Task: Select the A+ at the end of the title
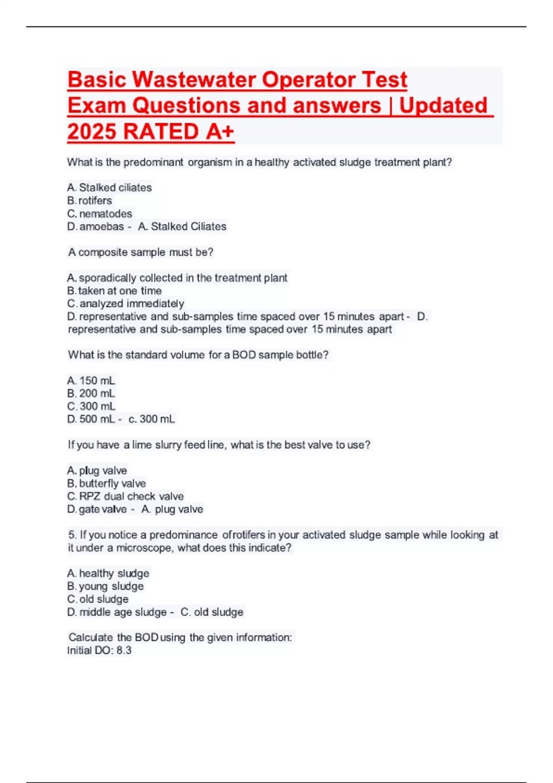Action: pyautogui.click(x=220, y=132)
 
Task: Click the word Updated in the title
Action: pyautogui.click(x=443, y=106)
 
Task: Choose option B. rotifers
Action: pyautogui.click(x=90, y=201)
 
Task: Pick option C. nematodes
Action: pyautogui.click(x=100, y=214)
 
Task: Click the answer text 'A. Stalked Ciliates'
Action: pyautogui.click(x=182, y=227)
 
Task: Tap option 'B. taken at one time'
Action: pyautogui.click(x=114, y=291)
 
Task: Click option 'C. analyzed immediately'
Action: pyautogui.click(x=125, y=304)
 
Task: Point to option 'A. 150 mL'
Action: pyautogui.click(x=91, y=381)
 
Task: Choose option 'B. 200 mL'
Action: pyautogui.click(x=91, y=394)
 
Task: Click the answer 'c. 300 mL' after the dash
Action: pyautogui.click(x=152, y=419)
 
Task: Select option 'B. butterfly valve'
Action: pyautogui.click(x=106, y=484)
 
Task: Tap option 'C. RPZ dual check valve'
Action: pyautogui.click(x=125, y=497)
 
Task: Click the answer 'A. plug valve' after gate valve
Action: pyautogui.click(x=172, y=509)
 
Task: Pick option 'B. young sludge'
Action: pyautogui.click(x=106, y=586)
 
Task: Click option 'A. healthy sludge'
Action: pyautogui.click(x=108, y=573)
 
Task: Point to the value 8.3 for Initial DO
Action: pyautogui.click(x=124, y=650)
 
